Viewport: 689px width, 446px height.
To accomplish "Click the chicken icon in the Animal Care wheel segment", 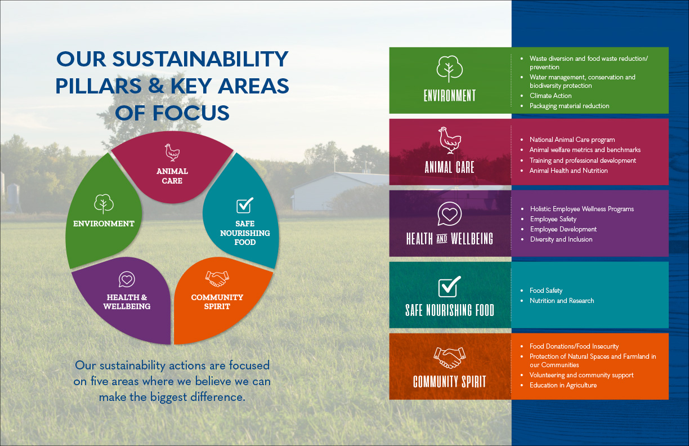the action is click(x=172, y=153).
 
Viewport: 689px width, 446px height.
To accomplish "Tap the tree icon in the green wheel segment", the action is click(x=104, y=203).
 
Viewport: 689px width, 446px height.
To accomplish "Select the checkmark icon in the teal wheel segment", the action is click(x=245, y=205).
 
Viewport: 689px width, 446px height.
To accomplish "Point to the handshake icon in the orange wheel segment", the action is click(x=217, y=279).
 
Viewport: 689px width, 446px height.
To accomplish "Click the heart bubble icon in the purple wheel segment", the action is click(x=127, y=279).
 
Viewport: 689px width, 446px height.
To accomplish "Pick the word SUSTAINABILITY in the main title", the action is click(x=200, y=59).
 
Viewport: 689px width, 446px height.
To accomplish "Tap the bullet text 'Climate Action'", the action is click(x=551, y=96).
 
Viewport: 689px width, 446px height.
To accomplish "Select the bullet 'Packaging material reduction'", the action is click(x=569, y=106).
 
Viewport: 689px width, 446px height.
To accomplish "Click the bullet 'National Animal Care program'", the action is click(x=572, y=140).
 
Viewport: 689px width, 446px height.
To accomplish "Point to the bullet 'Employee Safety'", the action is click(x=553, y=219).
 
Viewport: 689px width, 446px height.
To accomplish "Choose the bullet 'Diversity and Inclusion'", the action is click(x=561, y=239).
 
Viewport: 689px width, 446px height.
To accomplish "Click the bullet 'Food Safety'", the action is click(x=546, y=291).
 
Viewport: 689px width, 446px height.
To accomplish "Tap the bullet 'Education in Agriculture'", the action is click(x=563, y=385).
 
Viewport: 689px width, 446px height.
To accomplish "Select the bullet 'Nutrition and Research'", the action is click(x=562, y=301).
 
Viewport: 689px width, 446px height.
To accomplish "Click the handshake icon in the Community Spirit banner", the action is click(x=449, y=358).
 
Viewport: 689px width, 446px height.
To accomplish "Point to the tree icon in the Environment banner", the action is click(x=449, y=69).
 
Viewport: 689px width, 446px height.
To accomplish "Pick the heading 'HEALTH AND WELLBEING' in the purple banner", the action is click(x=449, y=239).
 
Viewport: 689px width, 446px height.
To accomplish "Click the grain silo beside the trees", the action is click(x=13, y=198).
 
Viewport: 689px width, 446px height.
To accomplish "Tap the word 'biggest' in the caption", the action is click(x=168, y=397).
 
